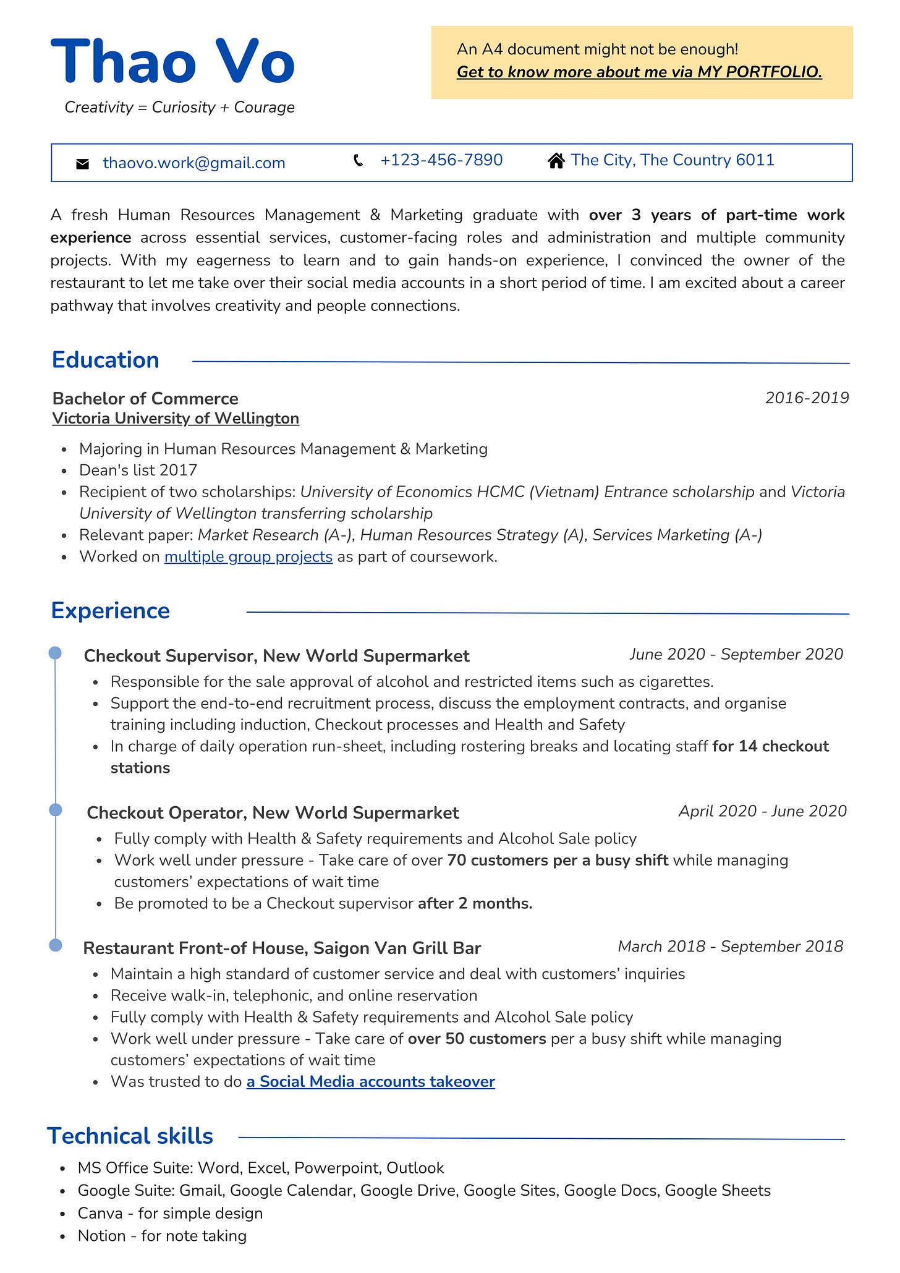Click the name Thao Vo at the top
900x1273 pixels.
[172, 62]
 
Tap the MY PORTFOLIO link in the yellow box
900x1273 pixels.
[639, 72]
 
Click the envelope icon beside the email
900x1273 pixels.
[82, 164]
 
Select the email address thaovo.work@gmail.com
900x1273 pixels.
[194, 163]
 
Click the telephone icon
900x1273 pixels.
[358, 161]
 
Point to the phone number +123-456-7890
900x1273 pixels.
[441, 160]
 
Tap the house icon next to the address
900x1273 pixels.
[556, 161]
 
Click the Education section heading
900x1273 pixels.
[106, 360]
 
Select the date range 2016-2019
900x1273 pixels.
[807, 398]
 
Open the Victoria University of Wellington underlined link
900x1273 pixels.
[176, 419]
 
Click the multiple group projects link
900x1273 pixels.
[248, 556]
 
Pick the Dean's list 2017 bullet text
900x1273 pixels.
[138, 470]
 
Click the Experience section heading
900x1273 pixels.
[111, 610]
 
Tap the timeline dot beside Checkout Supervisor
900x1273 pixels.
[55, 653]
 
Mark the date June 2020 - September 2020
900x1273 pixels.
[736, 654]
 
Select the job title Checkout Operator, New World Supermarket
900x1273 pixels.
[273, 812]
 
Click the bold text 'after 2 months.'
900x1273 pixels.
[475, 903]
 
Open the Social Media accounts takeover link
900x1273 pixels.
[370, 1081]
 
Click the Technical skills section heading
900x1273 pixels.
[130, 1136]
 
